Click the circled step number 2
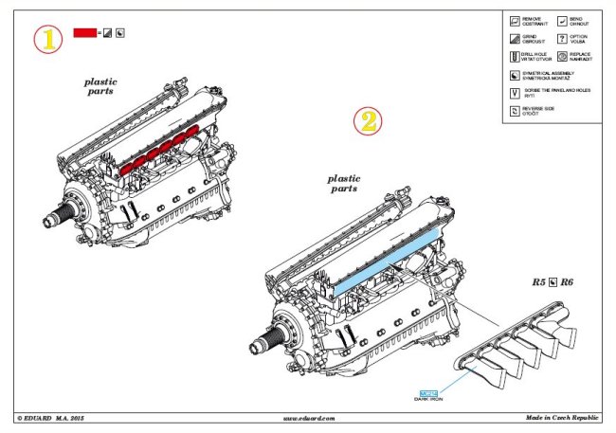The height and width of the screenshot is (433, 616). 369,122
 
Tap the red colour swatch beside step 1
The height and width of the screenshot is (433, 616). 85,33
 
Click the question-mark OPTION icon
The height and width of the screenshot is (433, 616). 562,38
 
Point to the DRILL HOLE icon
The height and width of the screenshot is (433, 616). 514,56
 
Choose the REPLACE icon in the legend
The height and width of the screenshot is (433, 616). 562,56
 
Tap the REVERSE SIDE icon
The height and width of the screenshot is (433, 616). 514,110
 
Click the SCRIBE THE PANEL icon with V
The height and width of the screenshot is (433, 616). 514,92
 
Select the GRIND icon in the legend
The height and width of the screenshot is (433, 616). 514,38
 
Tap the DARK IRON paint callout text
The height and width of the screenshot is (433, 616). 429,401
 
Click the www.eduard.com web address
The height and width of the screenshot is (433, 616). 309,418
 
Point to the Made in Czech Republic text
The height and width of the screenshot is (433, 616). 565,418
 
